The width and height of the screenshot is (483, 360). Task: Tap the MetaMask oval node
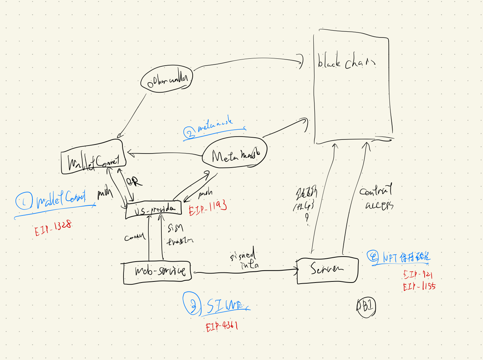(x=235, y=153)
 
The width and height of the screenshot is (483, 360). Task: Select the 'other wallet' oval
(x=167, y=80)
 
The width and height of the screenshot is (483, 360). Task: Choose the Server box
(x=327, y=270)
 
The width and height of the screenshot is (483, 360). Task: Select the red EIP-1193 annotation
(x=208, y=208)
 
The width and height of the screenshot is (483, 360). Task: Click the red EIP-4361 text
(x=222, y=326)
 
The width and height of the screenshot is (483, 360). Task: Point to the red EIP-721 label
(x=418, y=275)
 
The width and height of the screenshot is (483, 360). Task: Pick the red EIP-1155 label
(x=419, y=287)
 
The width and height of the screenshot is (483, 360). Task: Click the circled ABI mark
(x=366, y=307)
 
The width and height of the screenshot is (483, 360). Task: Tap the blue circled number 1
(x=24, y=201)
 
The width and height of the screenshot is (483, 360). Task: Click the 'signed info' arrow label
(x=245, y=259)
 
